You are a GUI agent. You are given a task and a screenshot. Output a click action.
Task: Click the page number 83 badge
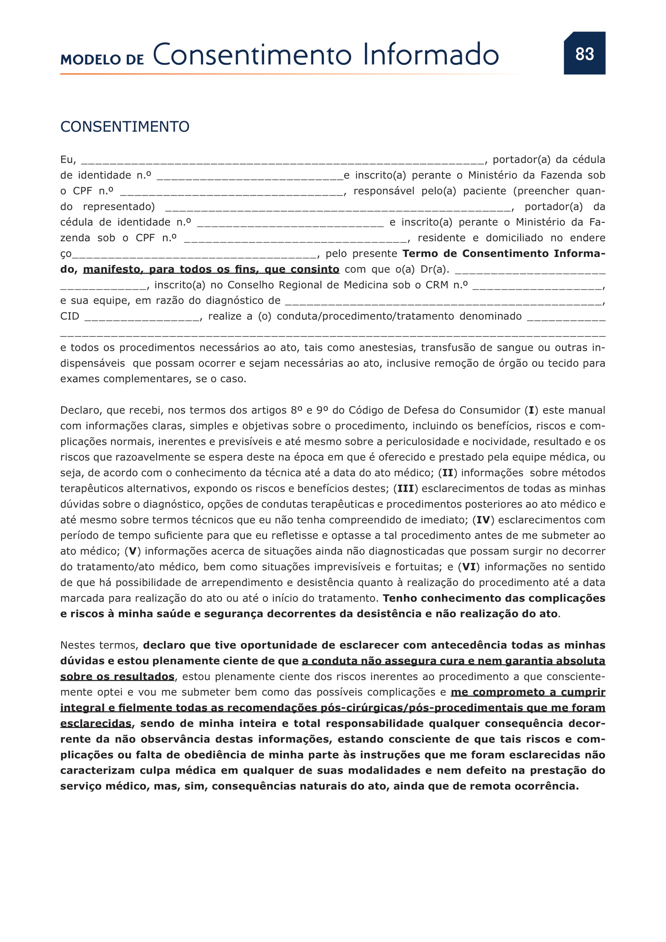(584, 53)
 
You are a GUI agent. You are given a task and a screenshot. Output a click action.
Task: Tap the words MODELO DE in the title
(102, 60)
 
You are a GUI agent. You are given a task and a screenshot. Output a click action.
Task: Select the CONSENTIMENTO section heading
(125, 127)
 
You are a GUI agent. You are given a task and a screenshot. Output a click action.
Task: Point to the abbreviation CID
(69, 316)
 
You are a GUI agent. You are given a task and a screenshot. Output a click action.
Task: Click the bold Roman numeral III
(405, 489)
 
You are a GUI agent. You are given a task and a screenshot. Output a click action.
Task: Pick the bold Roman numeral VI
(469, 567)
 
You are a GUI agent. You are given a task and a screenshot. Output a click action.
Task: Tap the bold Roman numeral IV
(483, 520)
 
